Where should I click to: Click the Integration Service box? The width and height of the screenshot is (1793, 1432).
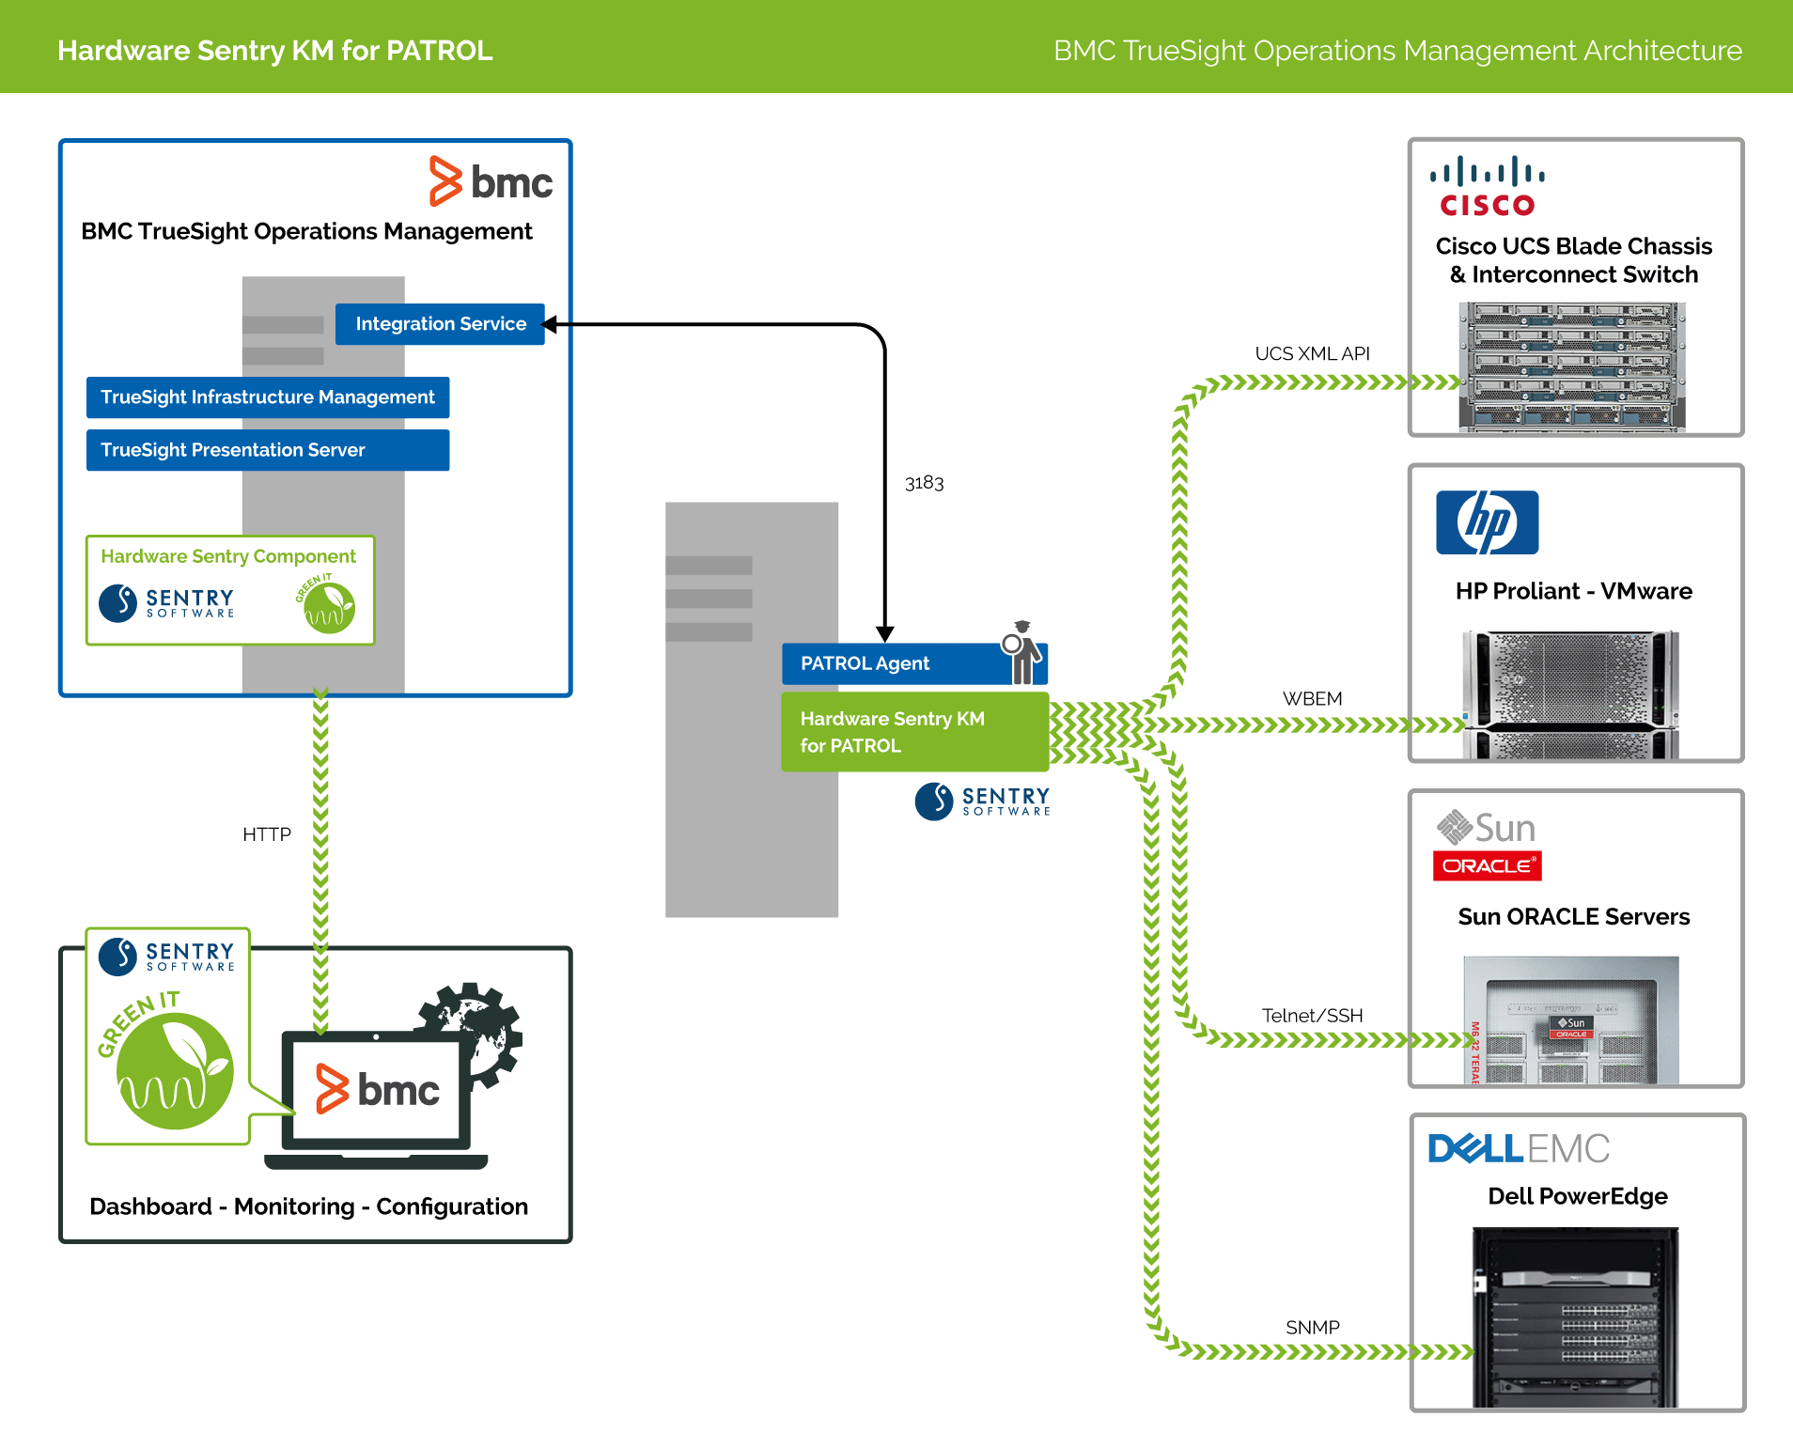pyautogui.click(x=440, y=324)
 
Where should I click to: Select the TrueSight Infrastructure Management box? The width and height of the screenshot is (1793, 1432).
pyautogui.click(x=268, y=397)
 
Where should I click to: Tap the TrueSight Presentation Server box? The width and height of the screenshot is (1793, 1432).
pyautogui.click(x=268, y=450)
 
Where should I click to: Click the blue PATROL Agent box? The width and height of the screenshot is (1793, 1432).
pyautogui.click(x=888, y=663)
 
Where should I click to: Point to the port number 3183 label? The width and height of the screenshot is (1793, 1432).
pyautogui.click(x=924, y=483)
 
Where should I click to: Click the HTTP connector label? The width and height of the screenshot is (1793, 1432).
pyautogui.click(x=267, y=834)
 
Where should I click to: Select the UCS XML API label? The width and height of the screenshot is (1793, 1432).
pyautogui.click(x=1312, y=354)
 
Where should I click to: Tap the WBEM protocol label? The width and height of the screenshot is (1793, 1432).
pyautogui.click(x=1312, y=699)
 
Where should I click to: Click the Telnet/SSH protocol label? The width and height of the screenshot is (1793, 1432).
pyautogui.click(x=1312, y=1016)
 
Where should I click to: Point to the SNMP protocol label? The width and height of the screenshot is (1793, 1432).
pyautogui.click(x=1312, y=1328)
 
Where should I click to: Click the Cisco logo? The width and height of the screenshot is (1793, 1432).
pyautogui.click(x=1488, y=187)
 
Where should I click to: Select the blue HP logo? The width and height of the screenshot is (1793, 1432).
pyautogui.click(x=1487, y=522)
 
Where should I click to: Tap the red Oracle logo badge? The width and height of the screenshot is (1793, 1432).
pyautogui.click(x=1487, y=865)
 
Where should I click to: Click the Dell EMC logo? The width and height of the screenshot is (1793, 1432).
pyautogui.click(x=1519, y=1148)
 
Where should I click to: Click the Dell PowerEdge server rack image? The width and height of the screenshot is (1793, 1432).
pyautogui.click(x=1575, y=1316)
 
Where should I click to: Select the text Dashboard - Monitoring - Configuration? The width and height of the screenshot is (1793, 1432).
pyautogui.click(x=308, y=1206)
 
